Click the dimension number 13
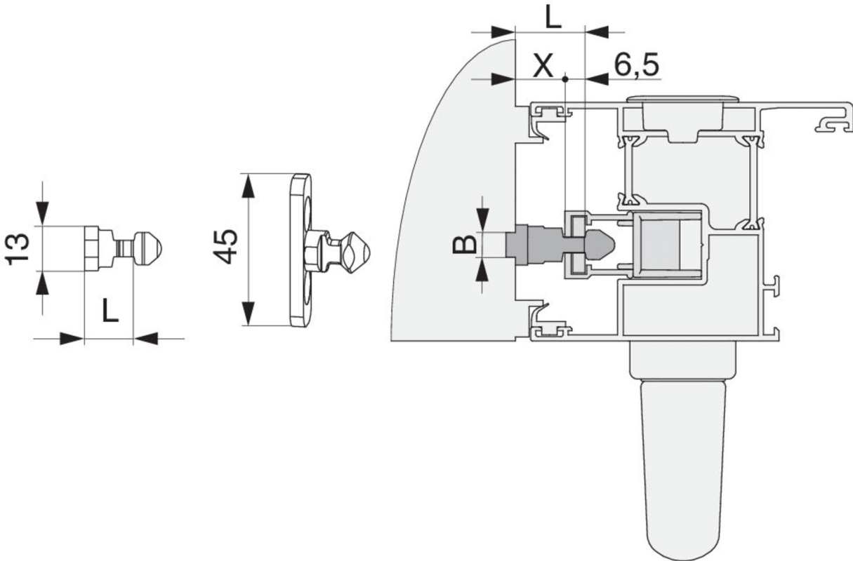coord(18,249)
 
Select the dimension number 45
coord(226,247)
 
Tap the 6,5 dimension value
coord(636,65)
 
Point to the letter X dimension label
coord(543,65)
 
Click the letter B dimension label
coord(464,244)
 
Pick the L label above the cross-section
coord(553,17)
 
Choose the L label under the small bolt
coord(110,311)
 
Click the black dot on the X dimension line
coord(565,79)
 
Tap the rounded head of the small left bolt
coord(148,249)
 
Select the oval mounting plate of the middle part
coord(300,250)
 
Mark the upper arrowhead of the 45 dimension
coord(248,187)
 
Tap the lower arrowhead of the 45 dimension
coord(248,313)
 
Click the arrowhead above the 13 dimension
coord(42,214)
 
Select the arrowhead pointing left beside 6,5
coord(597,79)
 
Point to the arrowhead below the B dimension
coord(482,270)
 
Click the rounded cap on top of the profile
coord(683,100)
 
